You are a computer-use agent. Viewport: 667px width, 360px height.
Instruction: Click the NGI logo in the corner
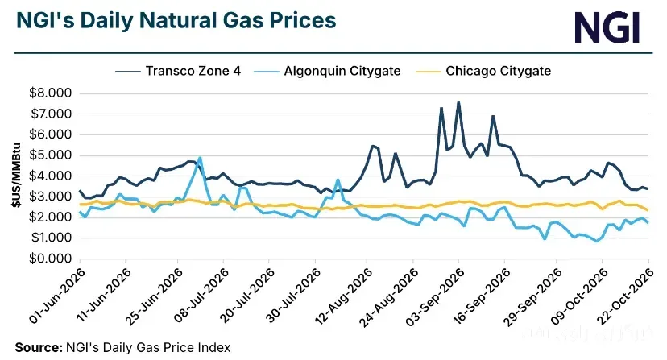[607, 27]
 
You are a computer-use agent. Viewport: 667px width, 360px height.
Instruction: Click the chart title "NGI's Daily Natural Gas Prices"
[176, 20]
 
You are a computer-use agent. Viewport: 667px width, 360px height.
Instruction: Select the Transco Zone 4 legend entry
[178, 71]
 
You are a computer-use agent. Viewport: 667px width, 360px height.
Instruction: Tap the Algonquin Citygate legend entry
[327, 71]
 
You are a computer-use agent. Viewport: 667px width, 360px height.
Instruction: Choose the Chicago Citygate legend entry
[483, 71]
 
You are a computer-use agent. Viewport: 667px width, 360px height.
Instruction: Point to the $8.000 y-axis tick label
[50, 93]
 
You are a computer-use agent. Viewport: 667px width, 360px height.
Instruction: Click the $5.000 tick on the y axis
[50, 155]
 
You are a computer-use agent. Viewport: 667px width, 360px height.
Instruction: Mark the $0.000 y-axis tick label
[50, 259]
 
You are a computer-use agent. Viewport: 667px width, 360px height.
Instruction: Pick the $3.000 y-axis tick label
[50, 197]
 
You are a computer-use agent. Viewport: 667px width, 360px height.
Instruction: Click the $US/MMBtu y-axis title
[16, 176]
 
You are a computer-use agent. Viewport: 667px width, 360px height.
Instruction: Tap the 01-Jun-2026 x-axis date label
[57, 296]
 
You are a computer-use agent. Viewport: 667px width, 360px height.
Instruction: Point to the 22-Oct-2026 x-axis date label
[625, 296]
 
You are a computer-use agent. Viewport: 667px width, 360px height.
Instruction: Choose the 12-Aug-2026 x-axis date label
[344, 296]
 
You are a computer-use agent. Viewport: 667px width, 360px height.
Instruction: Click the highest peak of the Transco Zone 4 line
[458, 102]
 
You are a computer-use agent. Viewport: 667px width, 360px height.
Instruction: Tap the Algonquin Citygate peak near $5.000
[200, 157]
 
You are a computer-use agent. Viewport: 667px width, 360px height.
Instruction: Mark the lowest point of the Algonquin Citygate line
[596, 242]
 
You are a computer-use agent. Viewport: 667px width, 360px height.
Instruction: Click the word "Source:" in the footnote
[39, 347]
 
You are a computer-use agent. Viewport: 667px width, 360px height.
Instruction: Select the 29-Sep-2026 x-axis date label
[533, 296]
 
